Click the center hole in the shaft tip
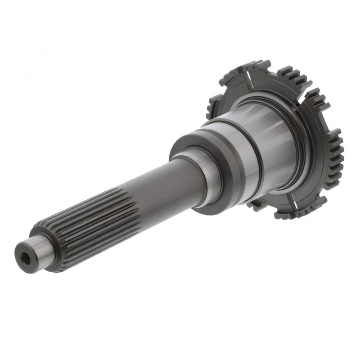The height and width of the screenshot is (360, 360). point(24,258)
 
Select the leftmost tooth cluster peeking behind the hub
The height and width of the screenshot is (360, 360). point(211,108)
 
